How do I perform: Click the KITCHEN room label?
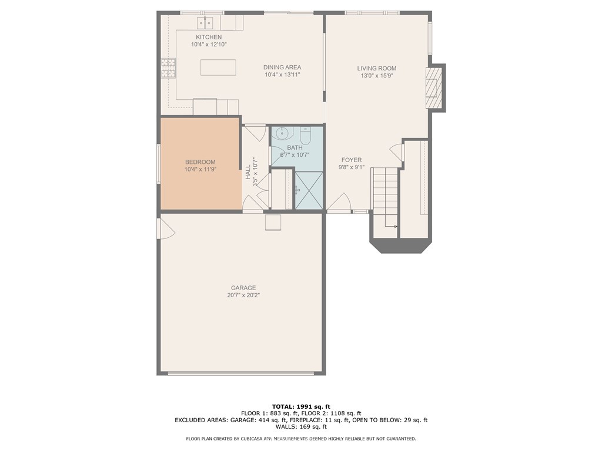coord(209,37)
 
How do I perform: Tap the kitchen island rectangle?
coord(218,68)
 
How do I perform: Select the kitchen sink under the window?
coord(205,23)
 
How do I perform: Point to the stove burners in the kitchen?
coord(168,68)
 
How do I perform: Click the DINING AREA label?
coord(282,68)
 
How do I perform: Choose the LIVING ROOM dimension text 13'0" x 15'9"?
coord(377,76)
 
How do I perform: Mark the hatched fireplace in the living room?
coord(433,87)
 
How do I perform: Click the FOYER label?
coord(352,160)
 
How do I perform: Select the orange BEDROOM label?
coord(200,162)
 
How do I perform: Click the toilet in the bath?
coord(305,134)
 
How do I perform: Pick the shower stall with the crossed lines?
coord(309,190)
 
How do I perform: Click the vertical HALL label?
coord(248,171)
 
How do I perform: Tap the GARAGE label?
coord(243,288)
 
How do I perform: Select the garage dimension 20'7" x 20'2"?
coord(243,295)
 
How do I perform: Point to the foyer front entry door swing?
coord(339,203)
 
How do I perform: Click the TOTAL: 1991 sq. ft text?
coord(300,406)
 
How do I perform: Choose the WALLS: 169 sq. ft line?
coord(300,427)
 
